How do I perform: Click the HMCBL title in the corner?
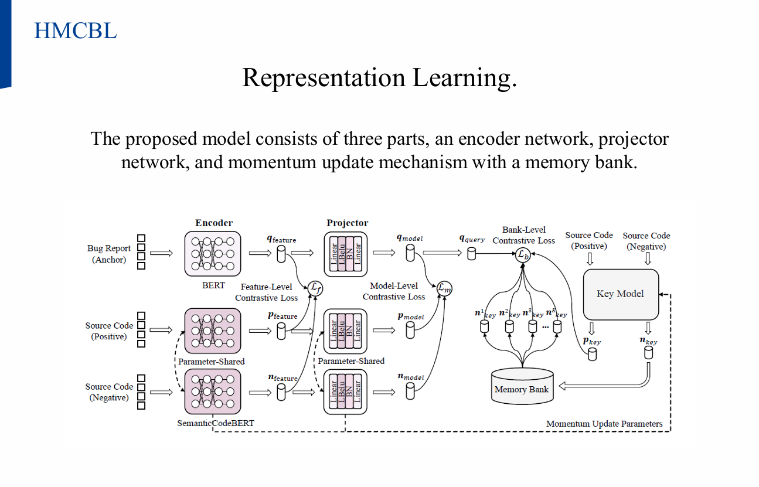click(75, 30)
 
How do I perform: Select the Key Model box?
click(620, 294)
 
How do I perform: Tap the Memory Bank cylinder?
click(522, 386)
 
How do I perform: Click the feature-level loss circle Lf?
click(315, 287)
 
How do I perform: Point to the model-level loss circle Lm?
click(445, 287)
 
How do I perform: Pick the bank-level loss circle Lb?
click(523, 254)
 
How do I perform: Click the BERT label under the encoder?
click(213, 285)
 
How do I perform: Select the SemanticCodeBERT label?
click(216, 423)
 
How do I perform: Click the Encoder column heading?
click(213, 223)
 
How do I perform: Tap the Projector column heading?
click(347, 223)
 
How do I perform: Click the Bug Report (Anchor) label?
click(109, 254)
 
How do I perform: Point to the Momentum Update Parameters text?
click(604, 424)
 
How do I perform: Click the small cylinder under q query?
click(471, 253)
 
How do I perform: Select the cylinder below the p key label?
click(592, 353)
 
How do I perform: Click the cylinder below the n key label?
click(648, 353)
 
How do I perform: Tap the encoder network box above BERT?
click(213, 254)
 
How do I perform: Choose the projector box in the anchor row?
click(346, 254)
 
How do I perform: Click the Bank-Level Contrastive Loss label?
click(523, 235)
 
